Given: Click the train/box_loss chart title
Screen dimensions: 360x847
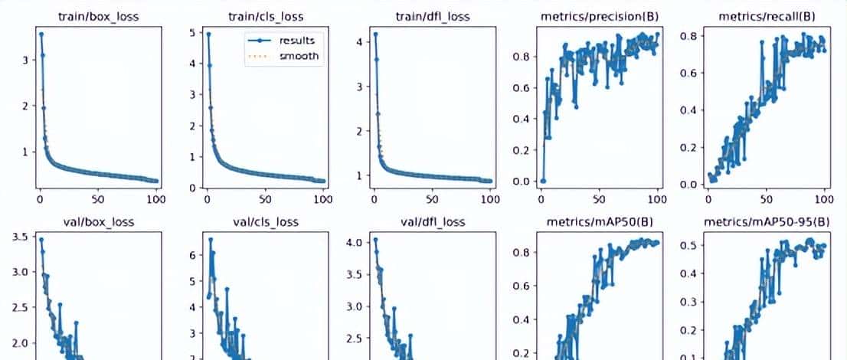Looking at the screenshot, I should pyautogui.click(x=97, y=16).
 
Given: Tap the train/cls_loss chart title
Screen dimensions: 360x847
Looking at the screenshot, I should pyautogui.click(x=264, y=16).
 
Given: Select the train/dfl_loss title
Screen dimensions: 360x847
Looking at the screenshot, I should pyautogui.click(x=431, y=16).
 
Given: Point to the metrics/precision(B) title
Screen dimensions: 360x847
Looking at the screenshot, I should pyautogui.click(x=598, y=16).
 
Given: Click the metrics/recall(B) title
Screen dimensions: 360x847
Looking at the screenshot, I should pyautogui.click(x=765, y=16).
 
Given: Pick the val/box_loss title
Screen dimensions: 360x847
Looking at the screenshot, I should pyautogui.click(x=97, y=222).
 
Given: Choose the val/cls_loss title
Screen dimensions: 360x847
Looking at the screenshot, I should pyautogui.click(x=264, y=222).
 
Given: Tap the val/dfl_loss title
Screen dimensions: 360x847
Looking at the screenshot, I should pyautogui.click(x=431, y=222).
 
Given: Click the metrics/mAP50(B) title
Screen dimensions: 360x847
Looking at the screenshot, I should pyautogui.click(x=598, y=222).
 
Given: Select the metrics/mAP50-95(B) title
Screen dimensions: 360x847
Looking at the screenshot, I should pyautogui.click(x=765, y=222).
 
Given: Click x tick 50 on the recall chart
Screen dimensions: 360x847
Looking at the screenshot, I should pyautogui.click(x=766, y=199).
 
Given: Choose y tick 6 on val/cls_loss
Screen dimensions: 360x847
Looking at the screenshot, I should pyautogui.click(x=191, y=254).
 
